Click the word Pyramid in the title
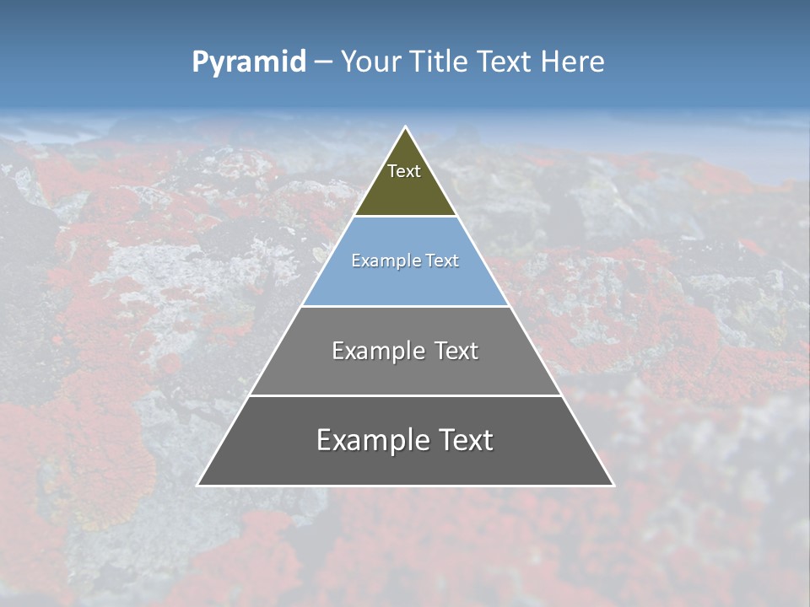point(249,62)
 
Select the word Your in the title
point(370,62)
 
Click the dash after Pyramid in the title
point(322,62)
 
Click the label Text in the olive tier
point(404,171)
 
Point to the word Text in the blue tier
point(442,261)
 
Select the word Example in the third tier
point(375,351)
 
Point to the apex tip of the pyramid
point(405,128)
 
